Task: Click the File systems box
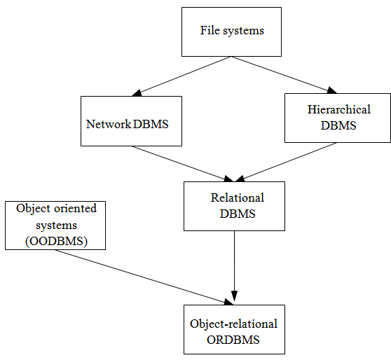(231, 32)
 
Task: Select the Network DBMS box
(131, 121)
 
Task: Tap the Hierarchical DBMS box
(338, 118)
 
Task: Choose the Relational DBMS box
(234, 206)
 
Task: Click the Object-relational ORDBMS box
(234, 329)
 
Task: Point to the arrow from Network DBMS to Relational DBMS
(182, 162)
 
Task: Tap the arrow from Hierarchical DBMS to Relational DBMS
(287, 163)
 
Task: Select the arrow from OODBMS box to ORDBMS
(144, 277)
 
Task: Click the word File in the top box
(210, 30)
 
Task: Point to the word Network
(109, 124)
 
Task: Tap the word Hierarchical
(338, 109)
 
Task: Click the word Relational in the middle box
(237, 198)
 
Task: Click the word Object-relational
(233, 324)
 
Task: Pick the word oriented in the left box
(74, 209)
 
